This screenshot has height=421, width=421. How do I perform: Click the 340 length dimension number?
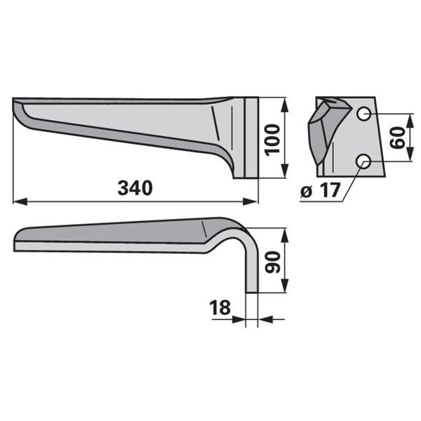(x=135, y=188)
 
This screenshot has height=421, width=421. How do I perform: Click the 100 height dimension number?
(x=272, y=140)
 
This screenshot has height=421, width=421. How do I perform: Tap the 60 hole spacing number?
(x=397, y=138)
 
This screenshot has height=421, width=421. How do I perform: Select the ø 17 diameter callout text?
(x=321, y=190)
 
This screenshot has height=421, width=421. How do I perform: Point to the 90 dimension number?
(x=272, y=262)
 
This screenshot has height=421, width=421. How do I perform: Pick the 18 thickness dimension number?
(x=220, y=307)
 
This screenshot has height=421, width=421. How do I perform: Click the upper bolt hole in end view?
(x=363, y=114)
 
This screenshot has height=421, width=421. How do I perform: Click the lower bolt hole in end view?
(x=363, y=161)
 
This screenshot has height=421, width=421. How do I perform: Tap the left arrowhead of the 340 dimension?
(x=20, y=201)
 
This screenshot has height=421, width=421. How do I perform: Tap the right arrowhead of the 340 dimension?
(x=250, y=201)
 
